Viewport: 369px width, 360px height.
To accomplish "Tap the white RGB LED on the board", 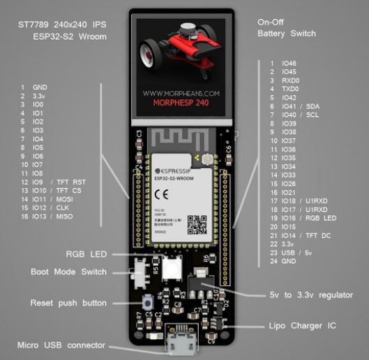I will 171,267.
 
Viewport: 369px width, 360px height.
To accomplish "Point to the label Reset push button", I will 68,303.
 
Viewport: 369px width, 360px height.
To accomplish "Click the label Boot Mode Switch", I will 68,271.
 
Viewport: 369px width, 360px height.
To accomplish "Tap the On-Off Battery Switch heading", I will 286,28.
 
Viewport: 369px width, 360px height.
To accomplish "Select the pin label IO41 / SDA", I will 300,107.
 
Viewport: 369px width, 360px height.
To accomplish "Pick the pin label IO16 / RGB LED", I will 307,217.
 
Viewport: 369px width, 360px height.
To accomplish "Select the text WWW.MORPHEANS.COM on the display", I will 181,91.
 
